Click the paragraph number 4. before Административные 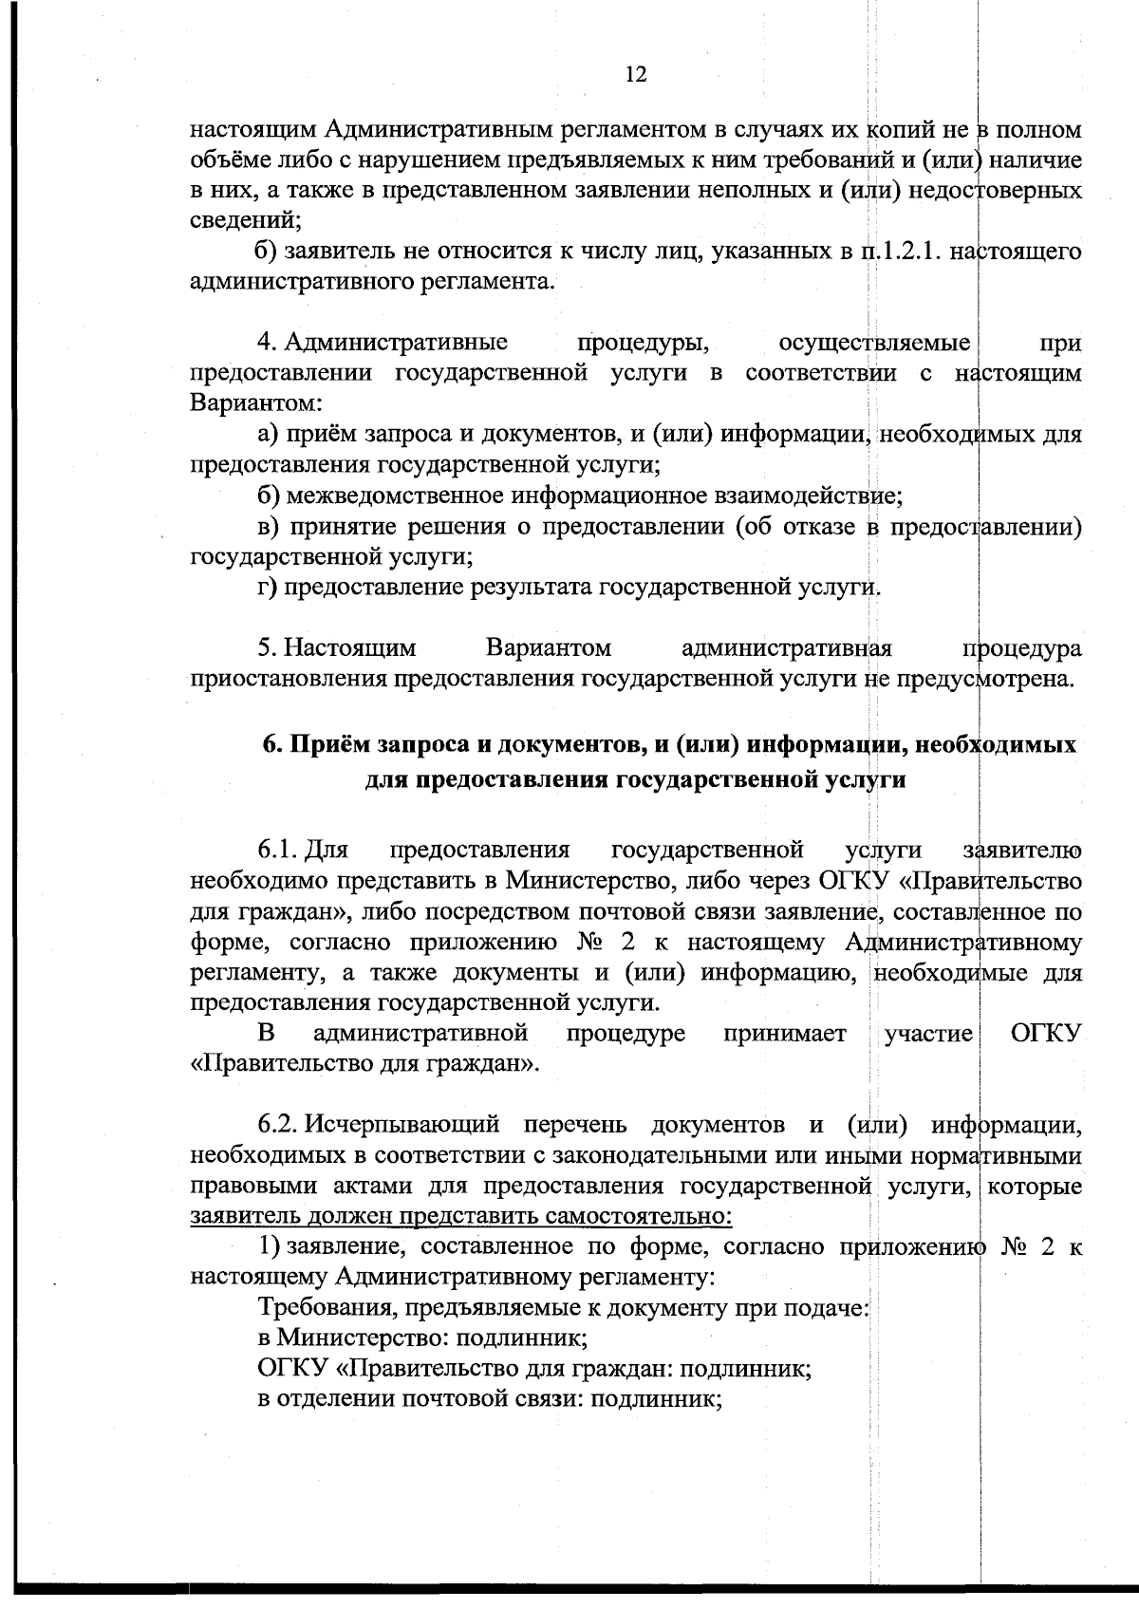(267, 342)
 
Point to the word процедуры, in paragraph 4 (644, 342)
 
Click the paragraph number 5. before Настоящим (267, 648)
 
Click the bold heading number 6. (270, 745)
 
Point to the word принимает (784, 1034)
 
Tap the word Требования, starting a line (327, 1309)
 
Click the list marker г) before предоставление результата (267, 589)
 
